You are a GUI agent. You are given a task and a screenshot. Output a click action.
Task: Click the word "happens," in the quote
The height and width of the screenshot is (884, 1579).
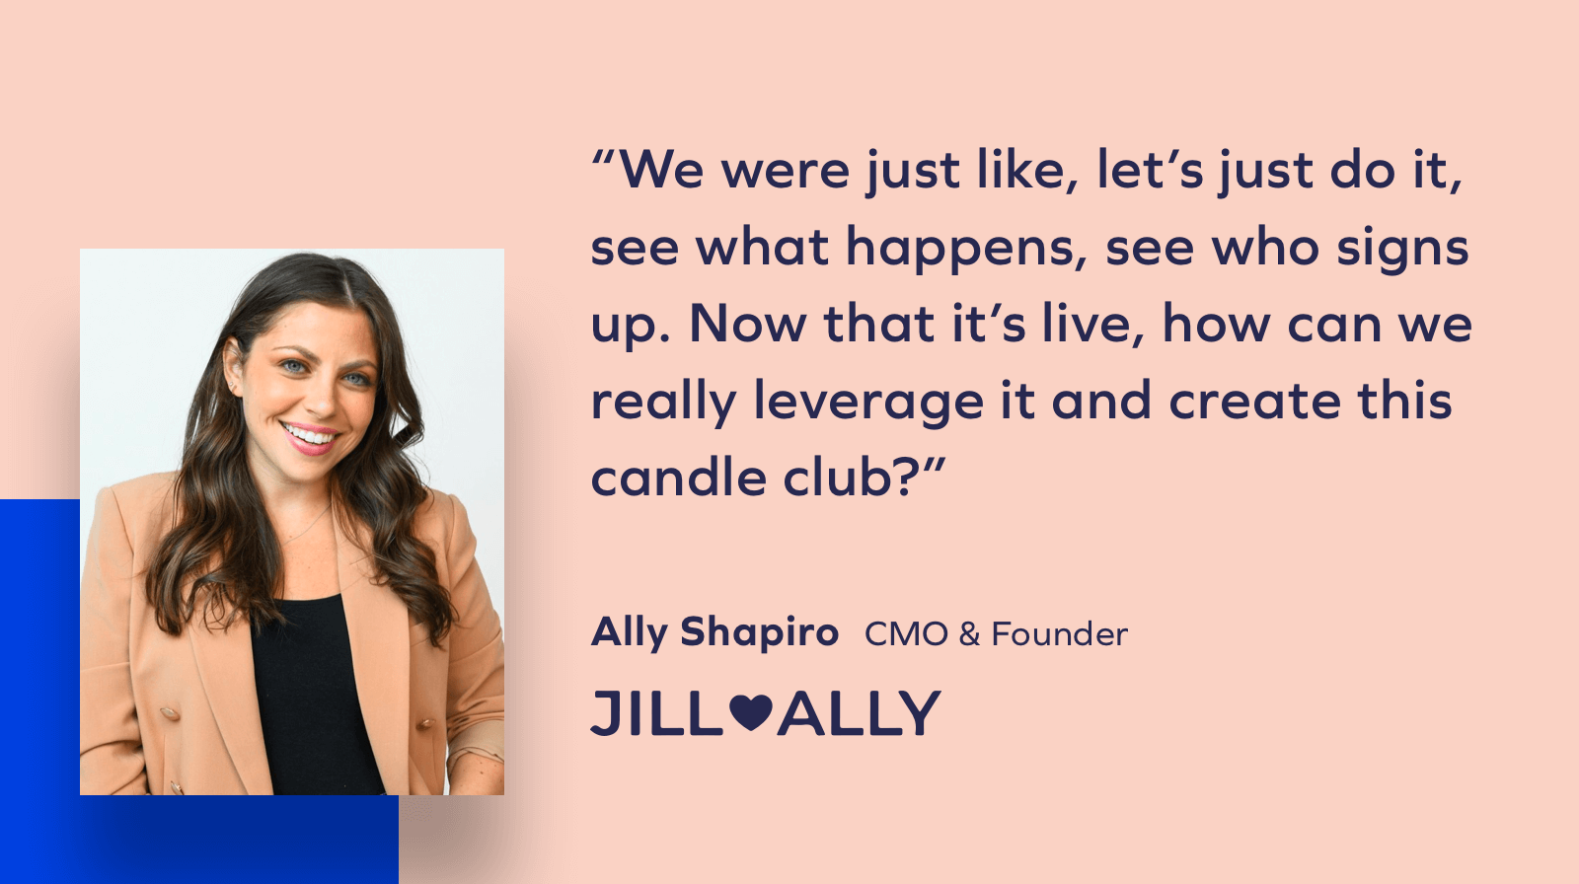[x=966, y=248]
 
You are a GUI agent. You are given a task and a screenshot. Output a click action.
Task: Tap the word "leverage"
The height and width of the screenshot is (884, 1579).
[x=868, y=402]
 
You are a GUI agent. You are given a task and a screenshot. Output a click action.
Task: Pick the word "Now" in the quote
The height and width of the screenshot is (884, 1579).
[x=746, y=325]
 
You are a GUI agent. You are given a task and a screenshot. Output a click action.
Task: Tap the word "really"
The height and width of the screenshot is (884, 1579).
[x=663, y=404]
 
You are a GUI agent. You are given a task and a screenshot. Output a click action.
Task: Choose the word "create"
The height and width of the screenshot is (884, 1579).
[x=1253, y=402]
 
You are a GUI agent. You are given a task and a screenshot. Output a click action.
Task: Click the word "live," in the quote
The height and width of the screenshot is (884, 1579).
[x=1094, y=325]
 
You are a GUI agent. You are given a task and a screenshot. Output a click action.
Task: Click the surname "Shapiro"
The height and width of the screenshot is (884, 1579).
[x=759, y=632]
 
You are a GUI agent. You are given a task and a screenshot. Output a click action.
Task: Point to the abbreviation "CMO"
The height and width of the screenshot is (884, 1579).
[x=906, y=634]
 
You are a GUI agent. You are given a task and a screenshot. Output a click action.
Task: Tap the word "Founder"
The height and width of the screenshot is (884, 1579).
[x=1059, y=634]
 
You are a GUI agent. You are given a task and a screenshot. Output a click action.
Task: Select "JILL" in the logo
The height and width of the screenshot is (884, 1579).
[x=656, y=713]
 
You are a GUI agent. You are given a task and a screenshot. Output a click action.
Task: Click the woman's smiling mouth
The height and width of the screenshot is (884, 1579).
[x=310, y=435]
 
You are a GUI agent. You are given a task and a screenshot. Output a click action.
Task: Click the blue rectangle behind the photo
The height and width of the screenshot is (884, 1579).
[x=39, y=691]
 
